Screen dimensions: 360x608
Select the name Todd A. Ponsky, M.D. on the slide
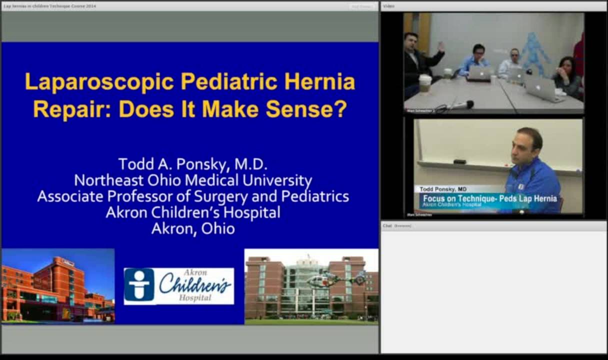click(x=192, y=164)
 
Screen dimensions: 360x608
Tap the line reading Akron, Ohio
click(x=192, y=228)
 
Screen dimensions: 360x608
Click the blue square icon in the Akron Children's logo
click(x=139, y=285)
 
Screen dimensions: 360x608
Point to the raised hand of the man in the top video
click(x=440, y=46)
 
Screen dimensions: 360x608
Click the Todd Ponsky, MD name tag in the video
click(x=443, y=189)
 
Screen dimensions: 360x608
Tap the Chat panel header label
click(x=387, y=226)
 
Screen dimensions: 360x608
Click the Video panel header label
click(x=389, y=6)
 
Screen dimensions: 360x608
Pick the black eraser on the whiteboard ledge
click(x=459, y=161)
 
